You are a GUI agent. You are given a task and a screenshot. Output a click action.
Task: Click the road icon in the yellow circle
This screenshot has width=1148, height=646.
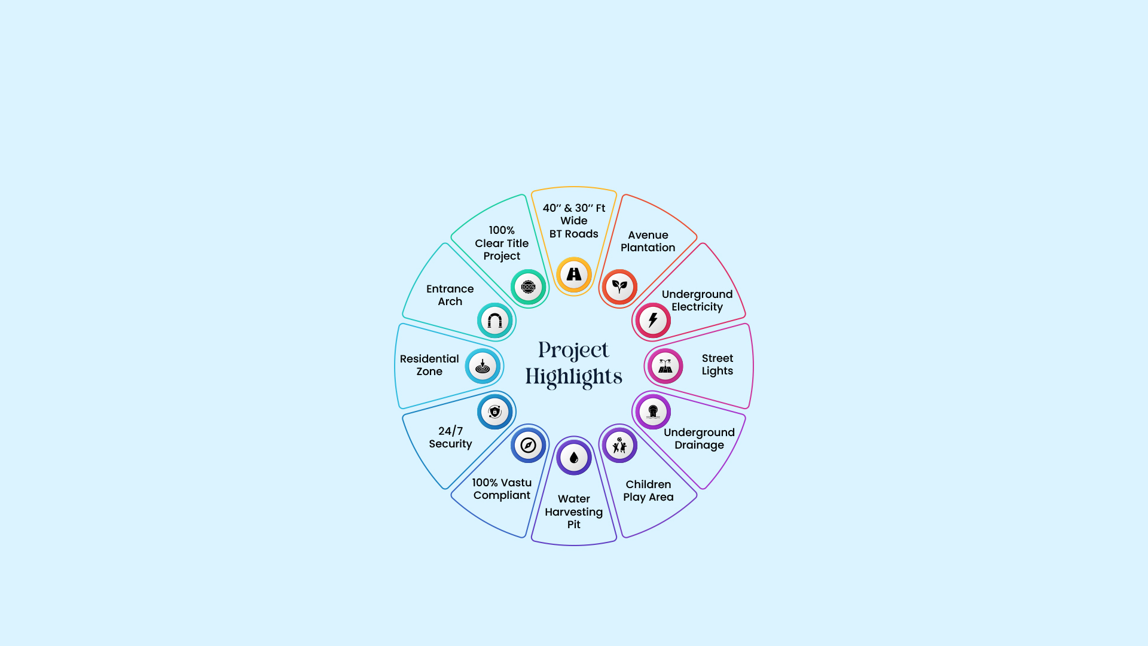point(574,274)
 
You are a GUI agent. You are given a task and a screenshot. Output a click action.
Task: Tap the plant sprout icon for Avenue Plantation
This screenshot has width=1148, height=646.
point(619,287)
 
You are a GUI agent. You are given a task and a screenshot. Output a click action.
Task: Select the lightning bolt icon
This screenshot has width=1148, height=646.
point(653,321)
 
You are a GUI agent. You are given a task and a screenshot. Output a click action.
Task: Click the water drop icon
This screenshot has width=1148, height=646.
point(574,458)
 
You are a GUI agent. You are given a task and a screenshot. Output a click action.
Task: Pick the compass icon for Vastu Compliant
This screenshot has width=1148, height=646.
point(528,445)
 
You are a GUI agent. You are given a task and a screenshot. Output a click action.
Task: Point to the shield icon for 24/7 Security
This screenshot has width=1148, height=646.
point(494,412)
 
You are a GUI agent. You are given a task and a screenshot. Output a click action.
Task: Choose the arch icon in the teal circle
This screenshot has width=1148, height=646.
point(494,321)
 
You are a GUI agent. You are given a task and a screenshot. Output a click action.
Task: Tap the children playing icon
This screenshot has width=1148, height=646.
point(619,445)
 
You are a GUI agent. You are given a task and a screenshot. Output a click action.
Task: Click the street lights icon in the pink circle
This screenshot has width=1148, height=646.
point(665,366)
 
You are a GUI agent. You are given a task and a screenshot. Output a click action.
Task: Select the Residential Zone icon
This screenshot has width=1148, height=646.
point(483,366)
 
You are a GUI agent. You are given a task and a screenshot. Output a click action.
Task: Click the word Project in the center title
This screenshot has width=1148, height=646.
point(573,351)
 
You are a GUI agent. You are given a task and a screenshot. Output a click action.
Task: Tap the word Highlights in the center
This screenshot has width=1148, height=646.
point(574,377)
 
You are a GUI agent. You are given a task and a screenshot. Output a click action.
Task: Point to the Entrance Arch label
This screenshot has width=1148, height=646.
point(450,295)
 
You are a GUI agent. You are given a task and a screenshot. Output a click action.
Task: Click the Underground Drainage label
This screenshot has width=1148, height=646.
point(699,438)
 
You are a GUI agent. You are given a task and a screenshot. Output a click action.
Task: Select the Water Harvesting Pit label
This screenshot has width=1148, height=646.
point(574,511)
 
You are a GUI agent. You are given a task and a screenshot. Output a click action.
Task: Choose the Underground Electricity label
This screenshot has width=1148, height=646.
point(697,300)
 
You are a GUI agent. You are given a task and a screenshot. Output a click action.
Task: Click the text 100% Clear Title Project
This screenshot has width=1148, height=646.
point(502,243)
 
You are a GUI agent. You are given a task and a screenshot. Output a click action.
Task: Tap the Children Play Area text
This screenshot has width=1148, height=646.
point(648,490)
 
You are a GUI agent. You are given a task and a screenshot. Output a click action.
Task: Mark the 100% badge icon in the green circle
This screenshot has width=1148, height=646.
point(528,287)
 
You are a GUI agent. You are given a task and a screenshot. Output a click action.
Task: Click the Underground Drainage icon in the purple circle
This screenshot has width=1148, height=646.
point(653,412)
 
